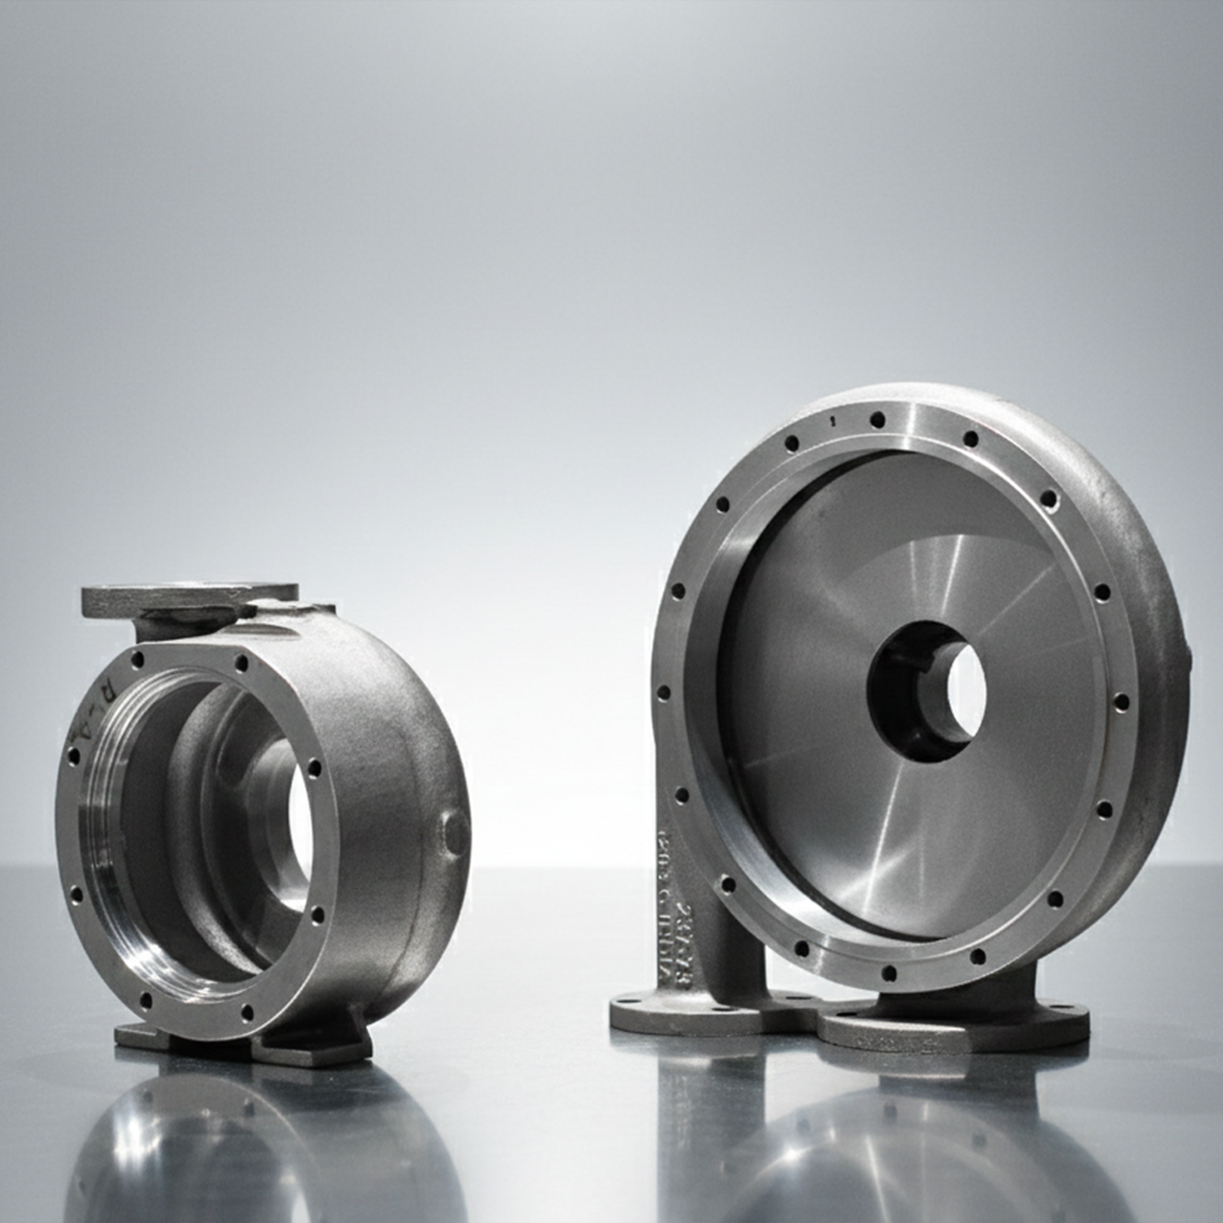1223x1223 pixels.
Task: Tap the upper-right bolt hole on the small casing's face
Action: pos(241,663)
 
